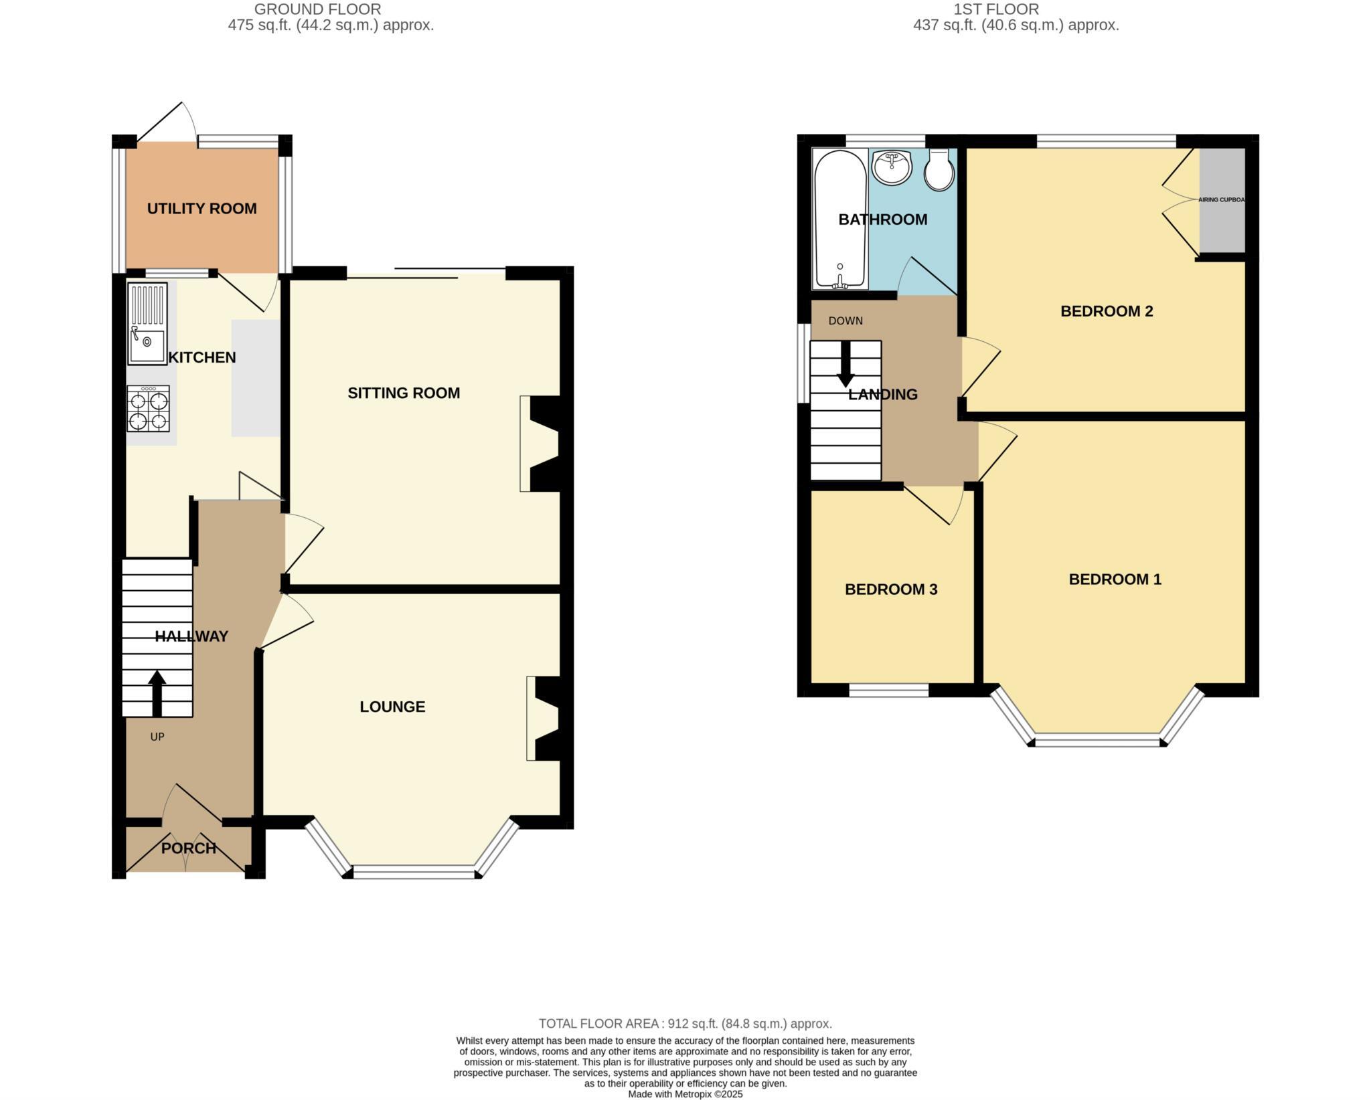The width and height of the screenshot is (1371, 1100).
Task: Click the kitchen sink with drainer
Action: click(x=147, y=324)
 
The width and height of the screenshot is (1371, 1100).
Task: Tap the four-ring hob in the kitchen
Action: click(x=148, y=408)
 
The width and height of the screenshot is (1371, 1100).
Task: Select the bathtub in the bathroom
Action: click(x=839, y=219)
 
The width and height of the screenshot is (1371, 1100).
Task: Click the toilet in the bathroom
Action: click(x=939, y=170)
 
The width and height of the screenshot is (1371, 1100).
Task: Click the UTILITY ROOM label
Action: click(x=201, y=209)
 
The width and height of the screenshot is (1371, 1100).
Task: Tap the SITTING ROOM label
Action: click(x=404, y=393)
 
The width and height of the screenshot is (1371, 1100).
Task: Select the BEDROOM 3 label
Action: click(x=890, y=589)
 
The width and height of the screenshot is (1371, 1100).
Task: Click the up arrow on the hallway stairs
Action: click(x=157, y=693)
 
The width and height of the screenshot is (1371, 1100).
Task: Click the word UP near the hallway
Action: click(x=157, y=737)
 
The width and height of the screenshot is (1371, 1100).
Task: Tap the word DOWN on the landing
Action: click(x=845, y=321)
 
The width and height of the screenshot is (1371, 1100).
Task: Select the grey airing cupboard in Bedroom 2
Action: click(x=1221, y=201)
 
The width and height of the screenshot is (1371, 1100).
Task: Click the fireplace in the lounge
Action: click(x=544, y=719)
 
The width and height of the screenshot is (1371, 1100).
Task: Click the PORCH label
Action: click(x=189, y=848)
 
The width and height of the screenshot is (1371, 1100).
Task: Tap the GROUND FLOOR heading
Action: click(x=318, y=9)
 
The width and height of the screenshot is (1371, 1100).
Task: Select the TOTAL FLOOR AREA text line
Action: click(x=685, y=1024)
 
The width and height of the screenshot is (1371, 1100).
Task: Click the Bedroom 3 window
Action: click(x=889, y=691)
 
